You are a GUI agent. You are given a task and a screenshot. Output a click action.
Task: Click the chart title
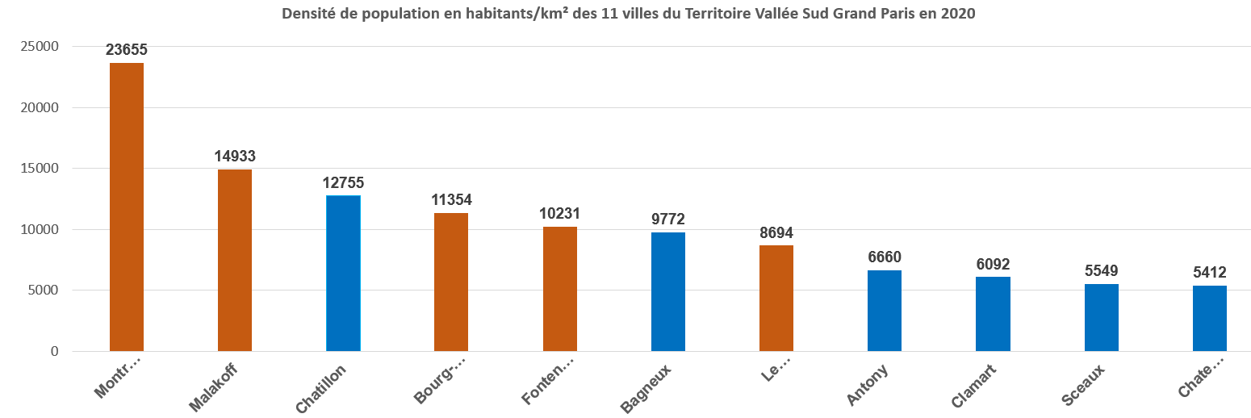coord(622,14)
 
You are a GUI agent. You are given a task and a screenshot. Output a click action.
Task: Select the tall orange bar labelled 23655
coord(127,207)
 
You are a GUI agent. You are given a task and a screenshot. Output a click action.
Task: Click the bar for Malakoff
coord(235,260)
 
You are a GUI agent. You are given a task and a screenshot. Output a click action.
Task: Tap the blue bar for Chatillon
coord(343,274)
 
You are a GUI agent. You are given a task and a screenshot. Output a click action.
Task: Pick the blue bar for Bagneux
coord(668,291)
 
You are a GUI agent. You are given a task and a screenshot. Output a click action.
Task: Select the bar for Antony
coord(885,311)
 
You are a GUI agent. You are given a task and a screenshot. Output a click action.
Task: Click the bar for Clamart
coord(993,314)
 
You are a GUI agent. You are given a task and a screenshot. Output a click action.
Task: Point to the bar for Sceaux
coord(1102,317)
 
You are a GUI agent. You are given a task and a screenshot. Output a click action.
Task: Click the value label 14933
coord(235,156)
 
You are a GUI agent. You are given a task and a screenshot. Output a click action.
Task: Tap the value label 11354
coord(451,199)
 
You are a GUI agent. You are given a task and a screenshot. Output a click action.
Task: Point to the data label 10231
coord(559,214)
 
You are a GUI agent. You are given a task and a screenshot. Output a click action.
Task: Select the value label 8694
coord(776,232)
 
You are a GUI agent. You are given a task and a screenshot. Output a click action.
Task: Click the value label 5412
coord(1209,272)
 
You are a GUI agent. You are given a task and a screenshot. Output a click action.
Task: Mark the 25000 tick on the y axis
coord(41,47)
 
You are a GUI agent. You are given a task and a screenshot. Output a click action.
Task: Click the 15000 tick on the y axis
coord(41,169)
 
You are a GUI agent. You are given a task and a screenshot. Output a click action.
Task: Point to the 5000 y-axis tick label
coord(44,291)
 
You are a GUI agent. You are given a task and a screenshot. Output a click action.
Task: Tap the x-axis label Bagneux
coord(648,388)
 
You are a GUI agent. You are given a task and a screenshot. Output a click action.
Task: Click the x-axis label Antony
coord(868,384)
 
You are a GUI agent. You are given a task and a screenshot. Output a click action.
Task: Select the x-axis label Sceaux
coord(1083,385)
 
